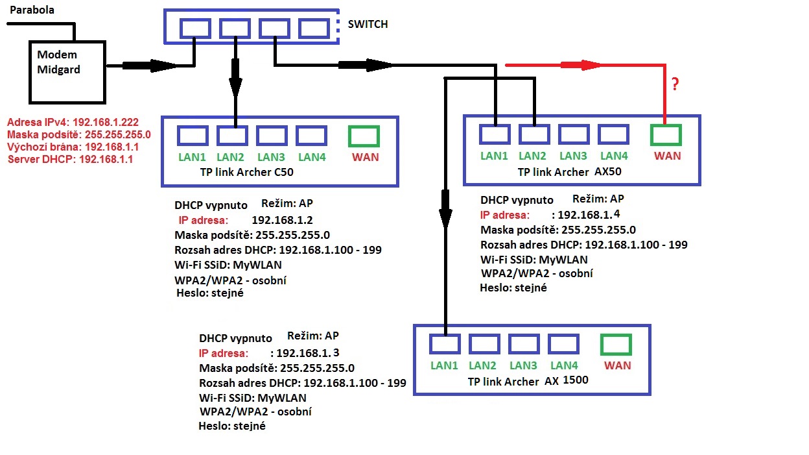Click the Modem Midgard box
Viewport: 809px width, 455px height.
pos(67,71)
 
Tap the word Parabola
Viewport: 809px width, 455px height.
pos(32,10)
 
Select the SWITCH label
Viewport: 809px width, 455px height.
pos(368,24)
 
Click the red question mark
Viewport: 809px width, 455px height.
pos(675,84)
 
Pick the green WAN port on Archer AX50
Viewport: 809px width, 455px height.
pos(665,134)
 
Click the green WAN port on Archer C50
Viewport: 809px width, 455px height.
pos(363,136)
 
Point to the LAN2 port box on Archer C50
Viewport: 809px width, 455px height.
pos(232,136)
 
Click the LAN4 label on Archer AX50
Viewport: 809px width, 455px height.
pos(613,156)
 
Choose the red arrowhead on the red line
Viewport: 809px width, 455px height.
pos(590,65)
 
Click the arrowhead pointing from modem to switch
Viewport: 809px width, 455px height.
pos(162,65)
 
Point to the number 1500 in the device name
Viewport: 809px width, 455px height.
pos(576,380)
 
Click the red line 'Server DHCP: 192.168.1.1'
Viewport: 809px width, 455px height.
pos(71,158)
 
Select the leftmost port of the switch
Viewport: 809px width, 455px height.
pos(195,28)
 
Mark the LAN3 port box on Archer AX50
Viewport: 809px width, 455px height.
pos(573,134)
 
